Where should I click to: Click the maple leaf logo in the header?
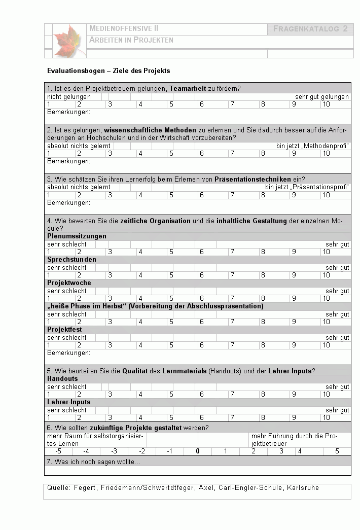click(x=67, y=40)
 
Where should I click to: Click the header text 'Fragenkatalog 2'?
click(x=310, y=29)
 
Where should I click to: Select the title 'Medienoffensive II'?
click(x=124, y=29)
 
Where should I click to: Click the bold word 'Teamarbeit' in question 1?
click(x=188, y=88)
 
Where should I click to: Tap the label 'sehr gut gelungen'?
click(x=322, y=96)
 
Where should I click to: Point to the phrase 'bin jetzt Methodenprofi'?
click(x=312, y=146)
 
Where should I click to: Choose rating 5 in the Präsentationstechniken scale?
click(x=171, y=195)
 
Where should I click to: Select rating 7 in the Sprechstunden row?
click(x=232, y=275)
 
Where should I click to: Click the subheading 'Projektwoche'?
click(x=69, y=283)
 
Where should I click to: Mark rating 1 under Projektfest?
click(x=49, y=345)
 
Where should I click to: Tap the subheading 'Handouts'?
click(x=62, y=379)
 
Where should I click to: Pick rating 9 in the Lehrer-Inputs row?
click(x=294, y=418)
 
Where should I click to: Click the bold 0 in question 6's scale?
click(x=198, y=451)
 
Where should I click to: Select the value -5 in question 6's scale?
click(x=58, y=451)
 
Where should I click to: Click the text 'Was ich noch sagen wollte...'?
click(x=93, y=462)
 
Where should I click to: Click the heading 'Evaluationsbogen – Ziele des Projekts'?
click(x=109, y=71)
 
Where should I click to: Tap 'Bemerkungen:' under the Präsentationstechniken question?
click(x=68, y=203)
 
